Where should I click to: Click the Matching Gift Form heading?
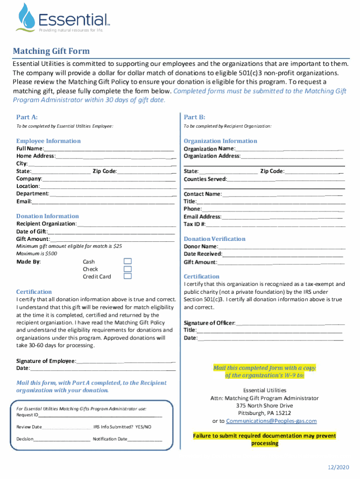[51, 51]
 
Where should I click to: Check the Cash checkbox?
[127, 261]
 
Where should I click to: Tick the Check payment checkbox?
[127, 269]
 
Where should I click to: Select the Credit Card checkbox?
[127, 276]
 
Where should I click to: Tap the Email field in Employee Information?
[103, 202]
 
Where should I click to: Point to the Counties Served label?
[205, 179]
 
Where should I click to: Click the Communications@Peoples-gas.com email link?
[271, 421]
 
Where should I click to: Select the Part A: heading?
[27, 117]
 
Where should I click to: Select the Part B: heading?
[194, 117]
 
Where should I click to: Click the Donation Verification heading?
[214, 239]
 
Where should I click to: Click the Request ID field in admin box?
[100, 415]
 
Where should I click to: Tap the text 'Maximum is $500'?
[36, 254]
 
